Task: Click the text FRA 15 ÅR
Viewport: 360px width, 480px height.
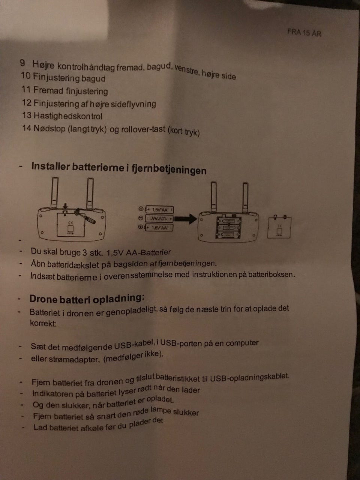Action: [304, 33]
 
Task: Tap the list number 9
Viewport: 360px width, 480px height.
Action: [22, 63]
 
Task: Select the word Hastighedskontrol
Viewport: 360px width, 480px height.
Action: [68, 116]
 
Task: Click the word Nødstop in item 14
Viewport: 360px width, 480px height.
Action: [49, 128]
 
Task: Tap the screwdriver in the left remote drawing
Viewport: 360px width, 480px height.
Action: [85, 216]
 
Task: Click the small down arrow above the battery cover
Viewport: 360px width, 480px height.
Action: [65, 206]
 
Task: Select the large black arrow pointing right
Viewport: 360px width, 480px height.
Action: [186, 219]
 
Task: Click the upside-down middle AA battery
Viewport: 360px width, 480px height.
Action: [159, 219]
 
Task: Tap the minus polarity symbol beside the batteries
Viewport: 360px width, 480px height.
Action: [141, 218]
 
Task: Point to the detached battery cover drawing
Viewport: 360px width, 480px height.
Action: [279, 227]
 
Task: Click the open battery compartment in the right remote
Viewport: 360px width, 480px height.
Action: [228, 227]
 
